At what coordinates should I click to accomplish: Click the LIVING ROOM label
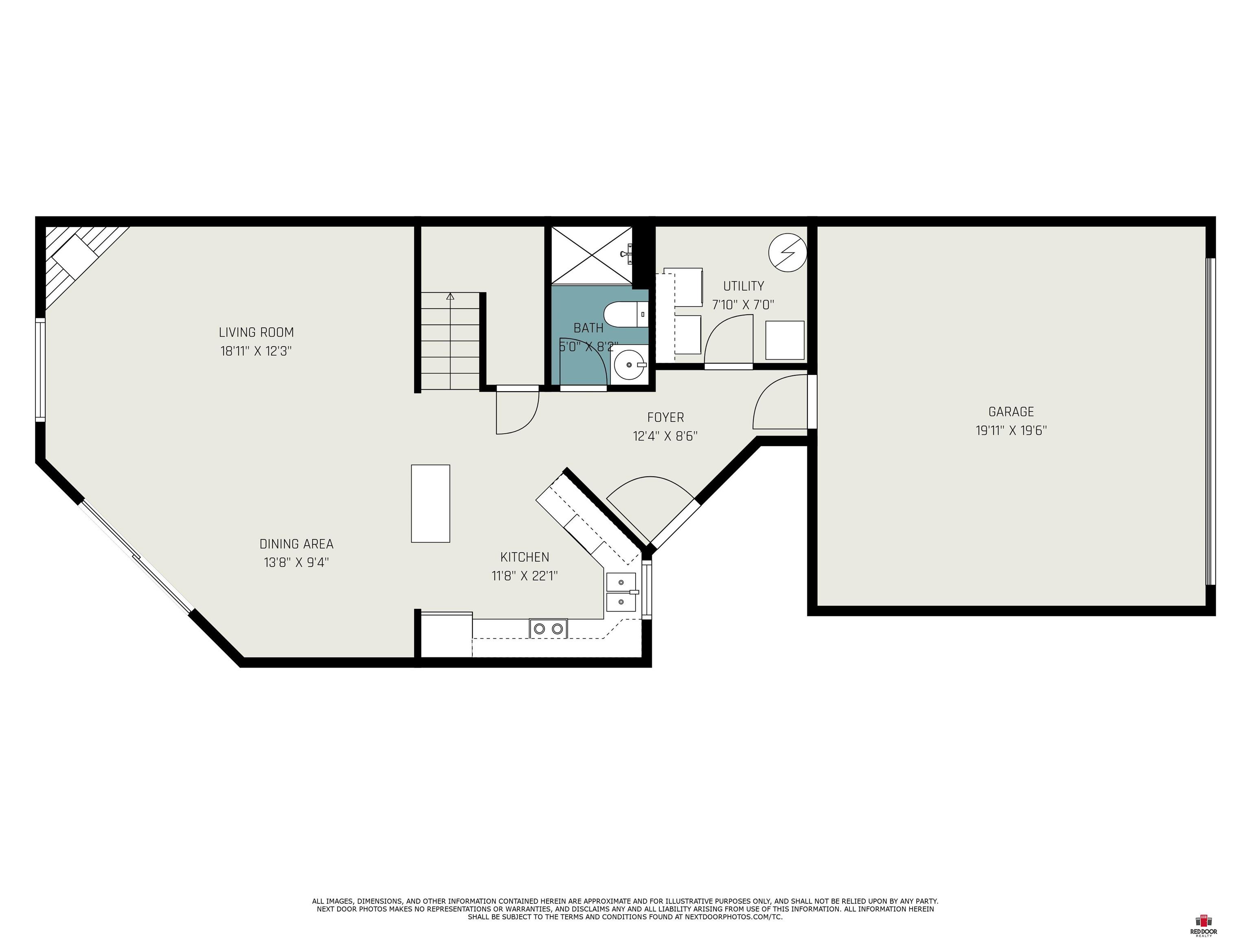click(x=256, y=333)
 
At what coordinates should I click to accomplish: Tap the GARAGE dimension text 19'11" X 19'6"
click(x=1011, y=430)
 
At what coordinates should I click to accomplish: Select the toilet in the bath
click(x=625, y=314)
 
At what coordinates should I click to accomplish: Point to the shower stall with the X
click(x=592, y=254)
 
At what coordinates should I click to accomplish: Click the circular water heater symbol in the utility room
click(x=787, y=252)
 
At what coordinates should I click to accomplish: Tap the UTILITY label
click(x=743, y=286)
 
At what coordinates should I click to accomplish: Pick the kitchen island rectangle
click(x=430, y=503)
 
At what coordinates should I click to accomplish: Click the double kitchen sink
click(x=621, y=592)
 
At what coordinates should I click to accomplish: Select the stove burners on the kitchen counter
click(x=548, y=628)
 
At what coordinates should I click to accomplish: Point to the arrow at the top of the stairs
click(x=450, y=296)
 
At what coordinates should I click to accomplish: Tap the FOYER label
click(x=666, y=417)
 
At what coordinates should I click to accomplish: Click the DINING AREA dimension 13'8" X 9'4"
click(x=296, y=563)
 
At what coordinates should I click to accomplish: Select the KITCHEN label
click(x=525, y=557)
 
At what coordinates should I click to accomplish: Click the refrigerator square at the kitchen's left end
click(x=447, y=634)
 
